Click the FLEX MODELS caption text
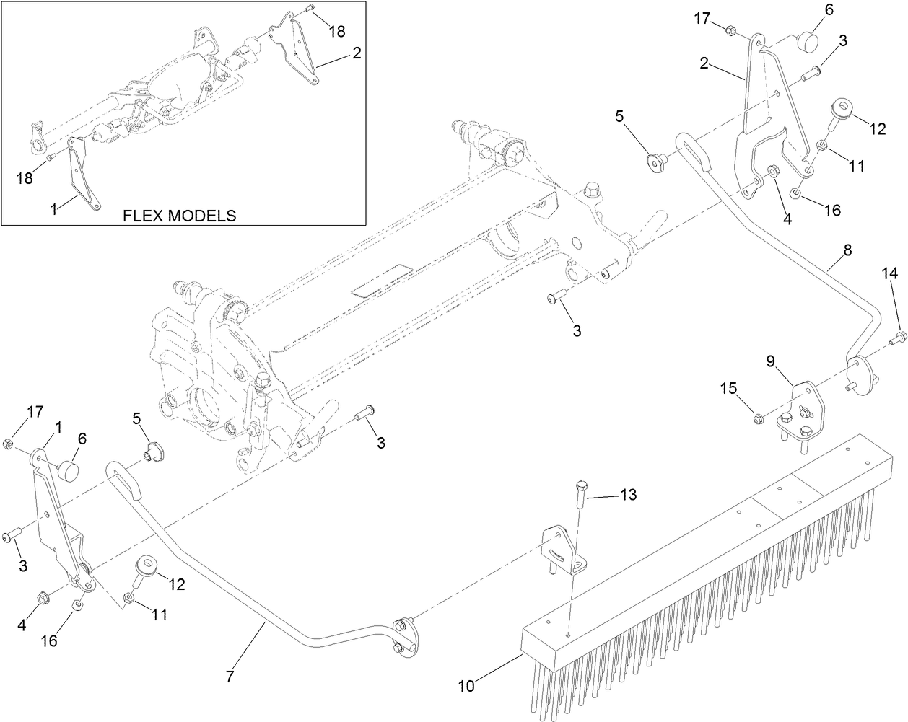tap(179, 215)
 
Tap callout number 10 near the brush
tap(466, 686)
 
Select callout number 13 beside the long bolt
tap(628, 494)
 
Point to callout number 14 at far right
tap(890, 273)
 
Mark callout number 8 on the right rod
tap(847, 250)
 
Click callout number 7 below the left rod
tap(230, 677)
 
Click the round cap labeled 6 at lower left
tap(69, 470)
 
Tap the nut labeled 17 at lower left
tap(9, 444)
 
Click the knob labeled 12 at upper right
tap(841, 112)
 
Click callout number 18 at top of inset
tap(337, 31)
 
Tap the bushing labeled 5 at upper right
tap(655, 163)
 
